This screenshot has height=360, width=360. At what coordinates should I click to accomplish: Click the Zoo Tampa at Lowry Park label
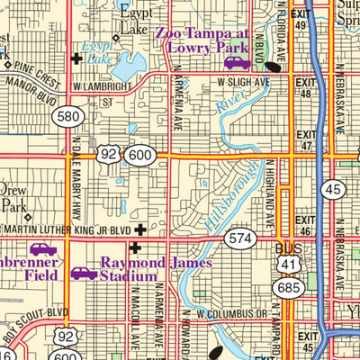tap(206, 40)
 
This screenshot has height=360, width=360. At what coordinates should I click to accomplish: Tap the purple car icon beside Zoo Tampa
tap(237, 62)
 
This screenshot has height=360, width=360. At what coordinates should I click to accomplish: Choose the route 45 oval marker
tap(333, 188)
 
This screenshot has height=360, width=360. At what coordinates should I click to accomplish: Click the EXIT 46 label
tap(306, 224)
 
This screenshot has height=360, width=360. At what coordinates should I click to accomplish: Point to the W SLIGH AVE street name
tap(243, 80)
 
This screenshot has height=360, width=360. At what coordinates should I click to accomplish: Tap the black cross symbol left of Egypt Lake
tap(76, 59)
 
